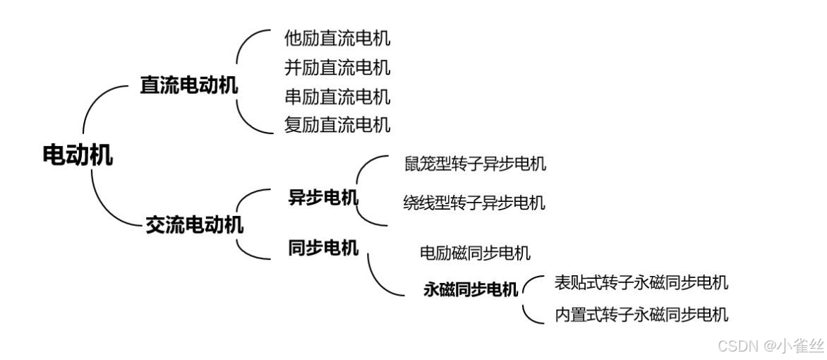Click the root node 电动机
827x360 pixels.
78,155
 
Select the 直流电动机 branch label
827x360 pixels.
188,86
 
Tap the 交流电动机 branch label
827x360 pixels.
194,225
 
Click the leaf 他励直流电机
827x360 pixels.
337,38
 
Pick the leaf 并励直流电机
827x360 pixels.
337,68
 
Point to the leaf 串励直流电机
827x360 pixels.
337,96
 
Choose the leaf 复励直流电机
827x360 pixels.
337,125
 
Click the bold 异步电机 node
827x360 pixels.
323,198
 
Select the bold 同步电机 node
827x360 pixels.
323,248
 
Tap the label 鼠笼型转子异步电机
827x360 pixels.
475,164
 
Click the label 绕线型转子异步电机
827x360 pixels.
473,203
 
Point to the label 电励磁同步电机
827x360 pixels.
475,253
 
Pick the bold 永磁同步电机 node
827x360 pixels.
471,289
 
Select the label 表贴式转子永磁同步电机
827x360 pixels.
641,283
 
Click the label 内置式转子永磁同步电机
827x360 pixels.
641,314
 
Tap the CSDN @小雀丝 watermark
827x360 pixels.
770,346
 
